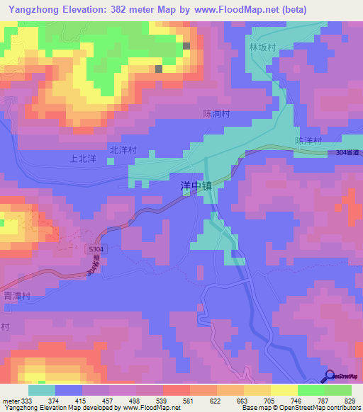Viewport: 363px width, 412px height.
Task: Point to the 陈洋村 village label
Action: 308,141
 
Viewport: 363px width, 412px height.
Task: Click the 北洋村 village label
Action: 123,151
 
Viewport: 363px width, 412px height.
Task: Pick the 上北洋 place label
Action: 82,159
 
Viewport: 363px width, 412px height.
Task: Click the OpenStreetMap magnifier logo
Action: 329,375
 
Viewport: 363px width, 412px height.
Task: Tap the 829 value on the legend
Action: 350,400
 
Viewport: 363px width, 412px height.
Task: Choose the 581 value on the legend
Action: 187,400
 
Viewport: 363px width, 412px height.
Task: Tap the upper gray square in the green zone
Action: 186,46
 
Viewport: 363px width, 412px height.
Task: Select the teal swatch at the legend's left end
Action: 42,390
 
